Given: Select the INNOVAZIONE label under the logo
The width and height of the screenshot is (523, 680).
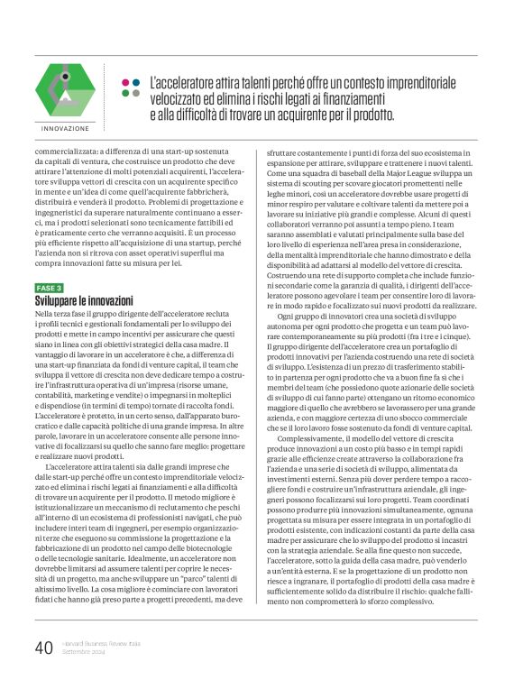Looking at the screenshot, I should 65,129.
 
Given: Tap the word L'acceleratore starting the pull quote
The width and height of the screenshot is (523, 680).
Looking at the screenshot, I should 184,82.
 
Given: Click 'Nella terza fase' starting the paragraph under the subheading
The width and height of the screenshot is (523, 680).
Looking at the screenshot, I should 61,312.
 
